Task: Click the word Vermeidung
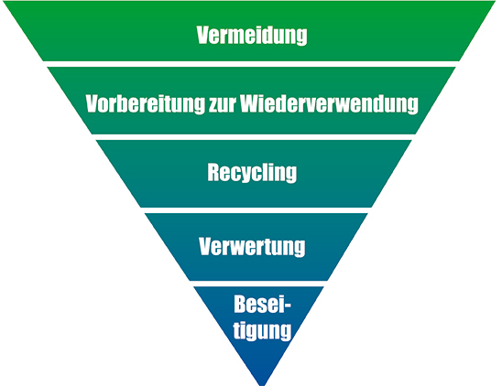pyautogui.click(x=252, y=36)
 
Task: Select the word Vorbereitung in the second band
pyautogui.click(x=145, y=103)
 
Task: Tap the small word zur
pyautogui.click(x=223, y=105)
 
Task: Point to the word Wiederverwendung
pyautogui.click(x=330, y=103)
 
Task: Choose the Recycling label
pyautogui.click(x=252, y=173)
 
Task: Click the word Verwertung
pyautogui.click(x=252, y=247)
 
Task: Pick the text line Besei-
pyautogui.click(x=263, y=304)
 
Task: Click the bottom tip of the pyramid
pyautogui.click(x=262, y=385)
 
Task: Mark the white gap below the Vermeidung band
pyautogui.click(x=251, y=64)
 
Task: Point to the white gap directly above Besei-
pyautogui.click(x=259, y=284)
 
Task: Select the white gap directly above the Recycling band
pyautogui.click(x=254, y=137)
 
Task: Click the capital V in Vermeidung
pyautogui.click(x=204, y=35)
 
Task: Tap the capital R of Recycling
pyautogui.click(x=214, y=172)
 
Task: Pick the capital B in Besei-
pyautogui.click(x=241, y=304)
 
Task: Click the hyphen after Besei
pyautogui.click(x=287, y=306)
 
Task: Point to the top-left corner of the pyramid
pyautogui.click(x=4, y=1)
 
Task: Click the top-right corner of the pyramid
pyautogui.click(x=495, y=1)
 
